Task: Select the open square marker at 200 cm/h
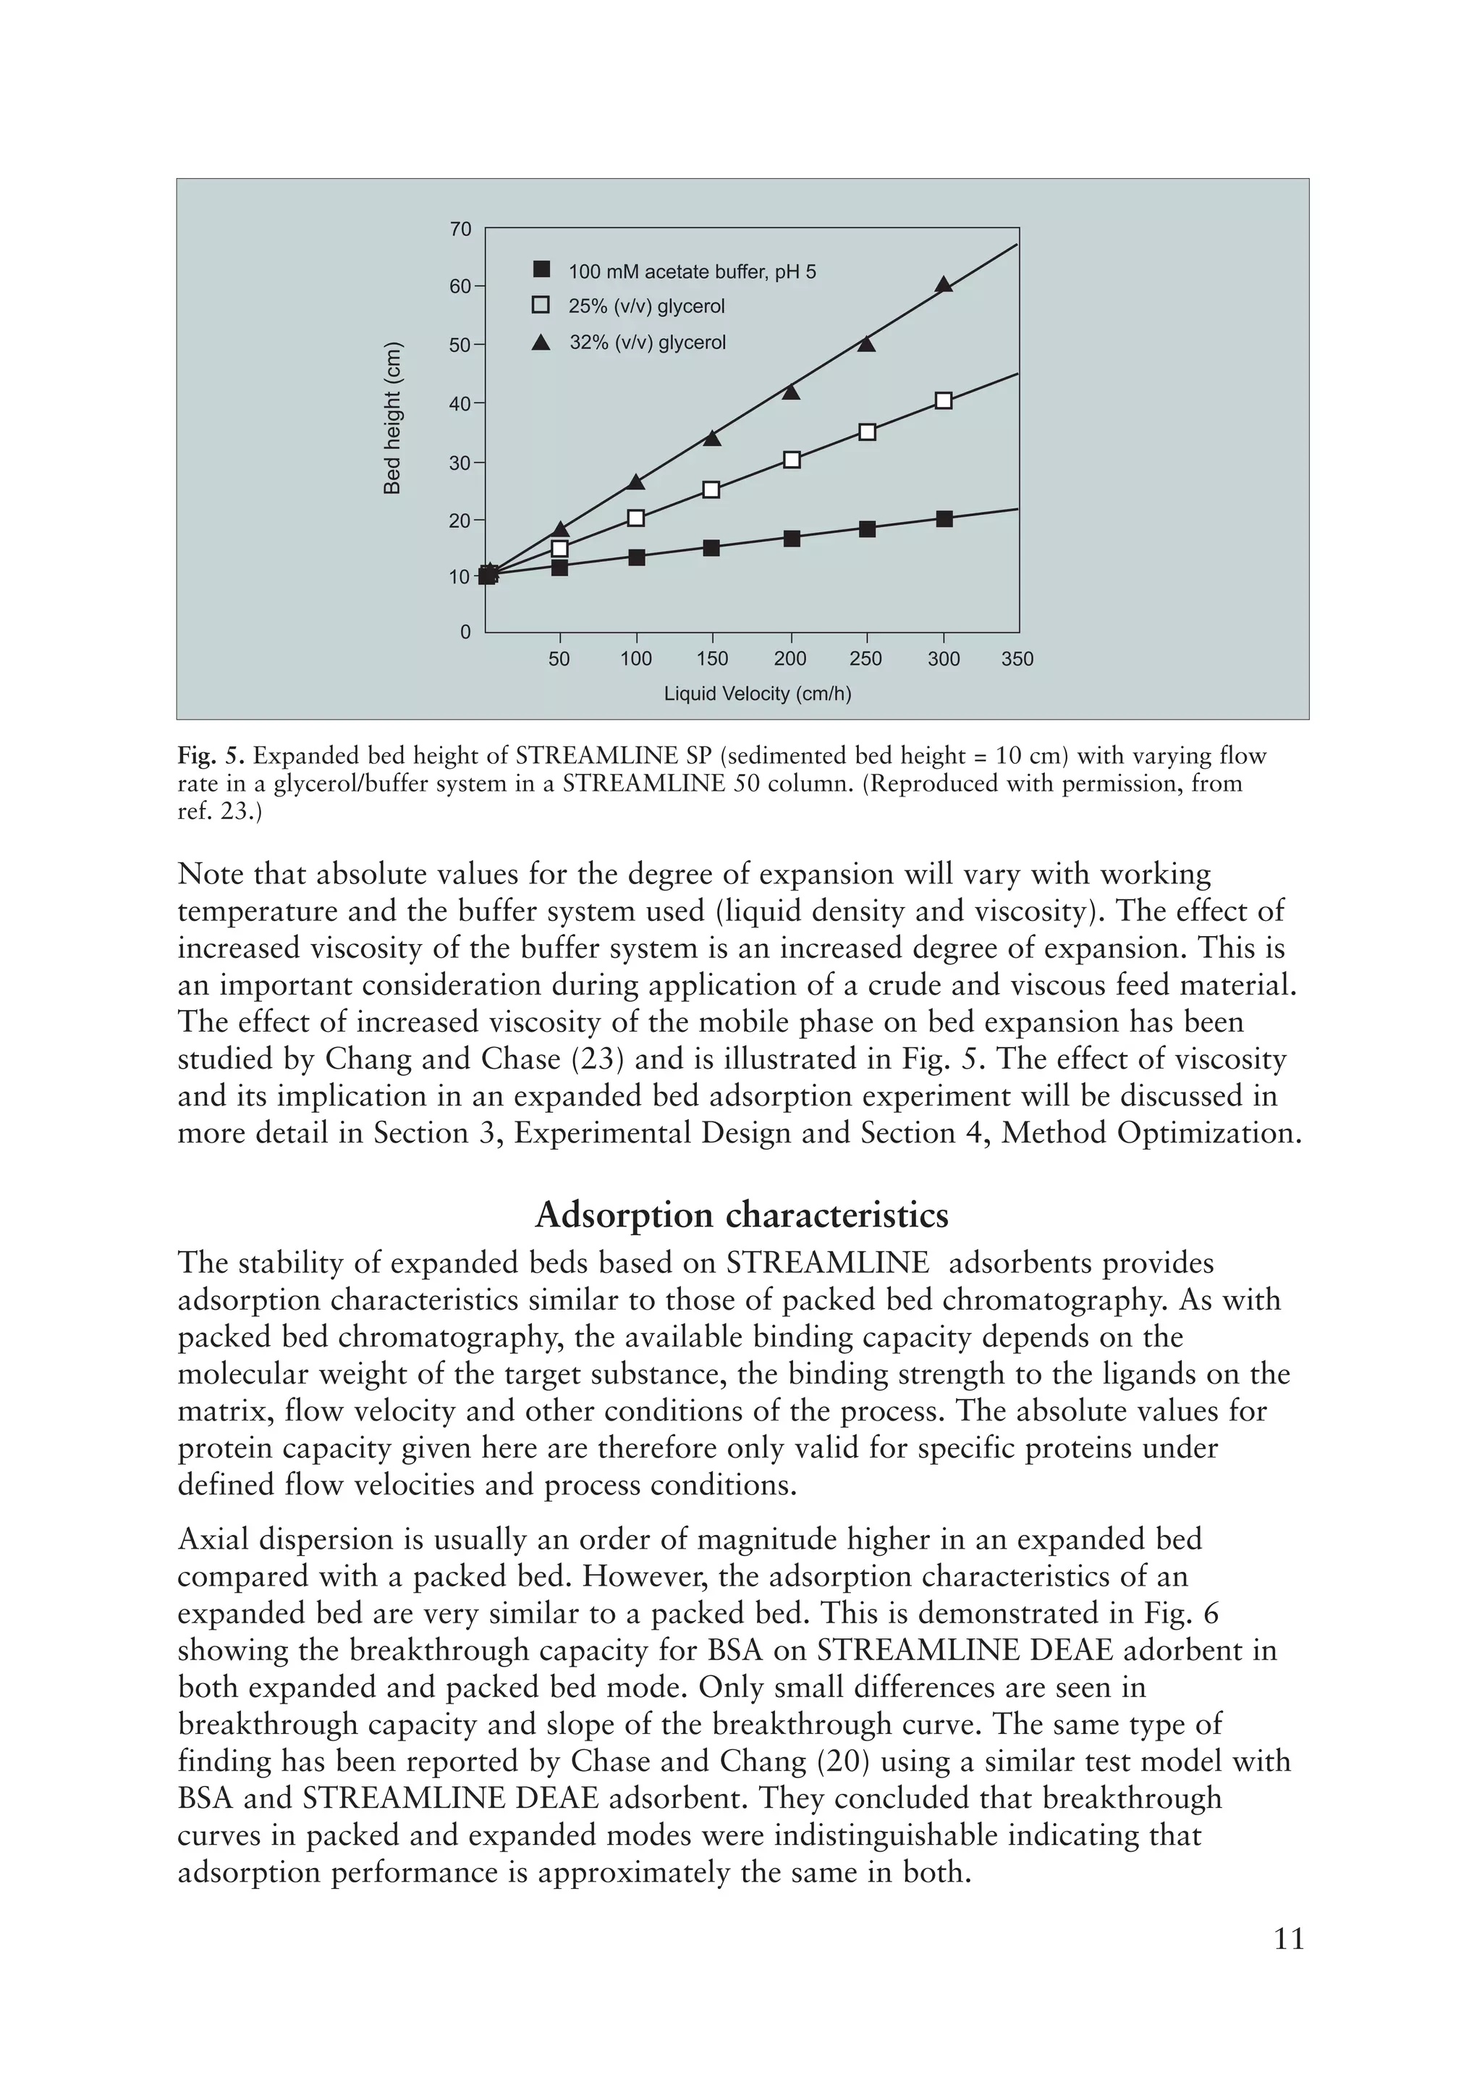(x=791, y=459)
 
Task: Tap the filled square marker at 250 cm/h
(x=867, y=529)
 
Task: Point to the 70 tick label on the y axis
(x=461, y=229)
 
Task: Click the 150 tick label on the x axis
(x=712, y=659)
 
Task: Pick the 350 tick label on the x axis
(x=1017, y=659)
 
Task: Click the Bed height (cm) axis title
(x=392, y=418)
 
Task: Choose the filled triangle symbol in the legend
(x=541, y=343)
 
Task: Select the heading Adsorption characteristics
(x=741, y=1215)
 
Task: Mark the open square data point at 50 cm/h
(x=559, y=548)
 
